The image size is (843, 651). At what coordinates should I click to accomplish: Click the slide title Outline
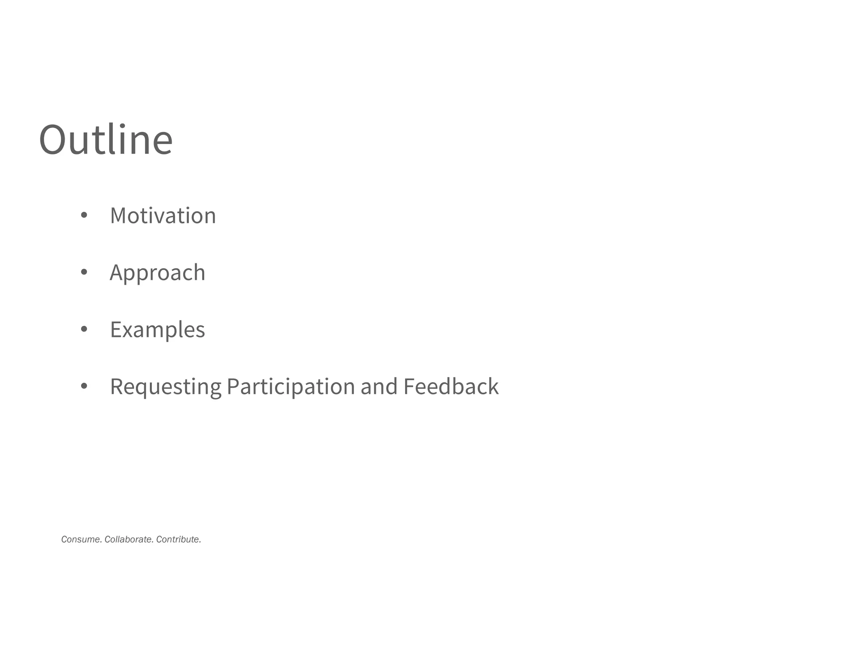click(106, 140)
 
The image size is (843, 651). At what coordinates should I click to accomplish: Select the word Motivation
click(163, 216)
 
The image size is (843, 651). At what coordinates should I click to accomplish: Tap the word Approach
click(157, 273)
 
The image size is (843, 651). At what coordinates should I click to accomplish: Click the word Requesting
click(165, 387)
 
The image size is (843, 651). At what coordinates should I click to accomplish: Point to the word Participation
click(291, 387)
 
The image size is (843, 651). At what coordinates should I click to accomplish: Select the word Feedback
click(451, 387)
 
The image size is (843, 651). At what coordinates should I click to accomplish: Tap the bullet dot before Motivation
click(84, 215)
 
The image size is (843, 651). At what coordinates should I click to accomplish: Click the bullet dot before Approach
click(84, 272)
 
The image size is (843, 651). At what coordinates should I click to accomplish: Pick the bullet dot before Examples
click(84, 329)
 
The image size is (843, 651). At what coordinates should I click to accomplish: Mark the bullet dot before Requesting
click(84, 386)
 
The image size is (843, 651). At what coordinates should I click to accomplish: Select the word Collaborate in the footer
click(129, 539)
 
